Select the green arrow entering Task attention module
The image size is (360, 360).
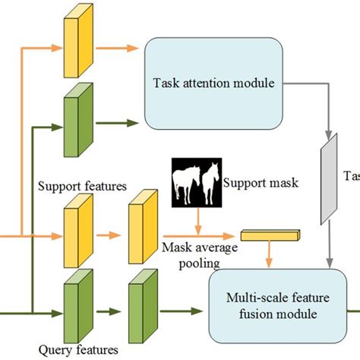[x=122, y=119]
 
